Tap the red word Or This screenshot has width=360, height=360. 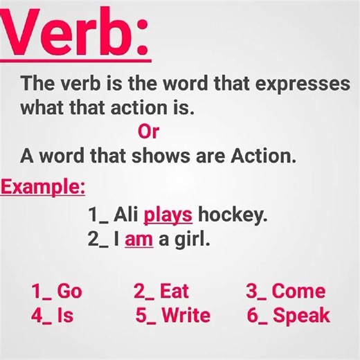149,131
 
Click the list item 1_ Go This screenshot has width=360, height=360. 56,291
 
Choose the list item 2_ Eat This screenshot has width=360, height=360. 161,291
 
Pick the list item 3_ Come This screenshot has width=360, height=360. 285,291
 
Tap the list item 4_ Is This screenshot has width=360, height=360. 52,316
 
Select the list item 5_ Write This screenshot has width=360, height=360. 172,316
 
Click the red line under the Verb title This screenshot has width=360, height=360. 83,64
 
